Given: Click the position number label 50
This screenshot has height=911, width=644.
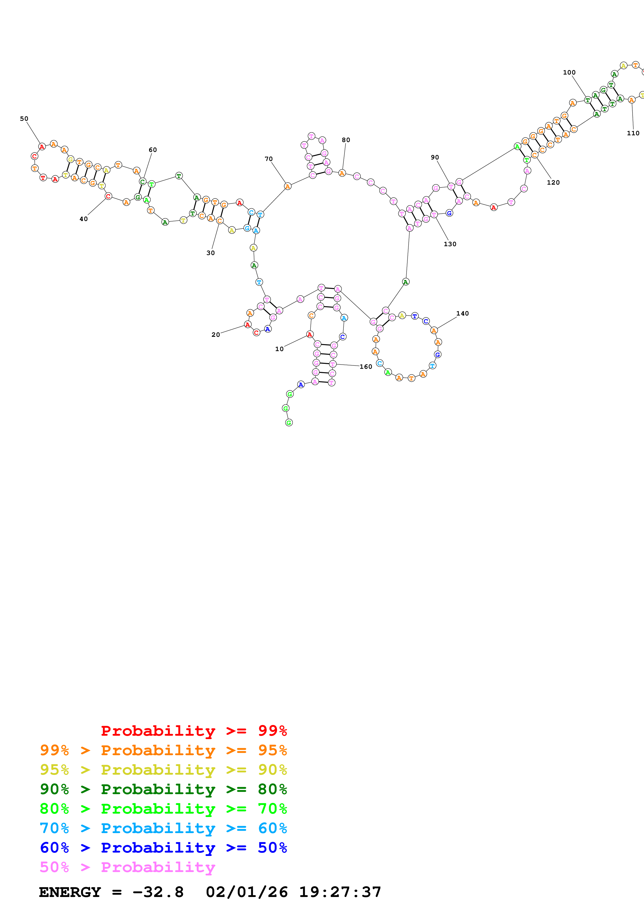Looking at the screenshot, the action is [x=24, y=119].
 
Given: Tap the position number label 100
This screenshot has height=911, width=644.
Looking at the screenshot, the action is [x=569, y=72].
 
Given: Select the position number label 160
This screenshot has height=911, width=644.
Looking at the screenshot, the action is [x=366, y=367].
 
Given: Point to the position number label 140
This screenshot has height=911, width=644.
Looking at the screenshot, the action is [x=462, y=313].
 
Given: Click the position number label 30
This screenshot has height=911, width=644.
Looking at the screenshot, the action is [x=211, y=253].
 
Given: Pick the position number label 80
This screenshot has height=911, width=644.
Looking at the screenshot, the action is [x=346, y=140].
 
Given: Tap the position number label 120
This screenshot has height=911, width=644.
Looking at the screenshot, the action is [x=553, y=183].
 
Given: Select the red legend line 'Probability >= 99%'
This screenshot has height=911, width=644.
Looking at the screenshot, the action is [x=194, y=731].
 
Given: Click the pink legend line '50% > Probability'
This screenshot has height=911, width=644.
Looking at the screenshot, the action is [x=127, y=867].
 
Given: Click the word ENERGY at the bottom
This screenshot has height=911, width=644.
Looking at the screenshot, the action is [x=70, y=892].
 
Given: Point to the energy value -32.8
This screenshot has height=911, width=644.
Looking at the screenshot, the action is [x=158, y=892].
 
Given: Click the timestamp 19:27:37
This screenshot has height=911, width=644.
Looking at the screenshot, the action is [x=340, y=892].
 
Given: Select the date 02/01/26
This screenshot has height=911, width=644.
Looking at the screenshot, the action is [x=247, y=892].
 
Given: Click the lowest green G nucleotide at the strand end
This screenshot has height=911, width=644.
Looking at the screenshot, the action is [x=289, y=423].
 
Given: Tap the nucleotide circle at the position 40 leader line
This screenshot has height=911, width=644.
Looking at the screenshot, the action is [x=108, y=196].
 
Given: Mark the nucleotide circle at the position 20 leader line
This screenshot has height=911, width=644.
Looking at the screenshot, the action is [x=248, y=325].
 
